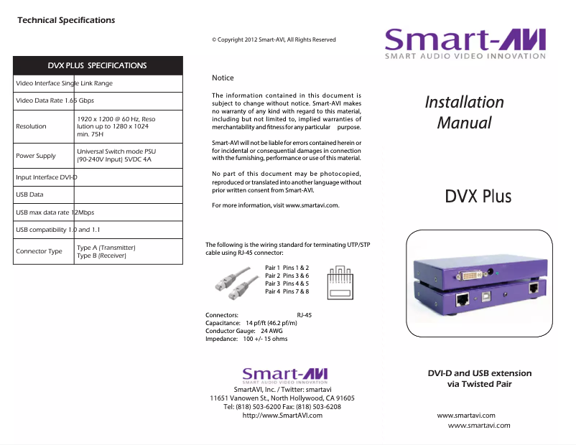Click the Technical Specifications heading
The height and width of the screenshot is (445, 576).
tap(66, 20)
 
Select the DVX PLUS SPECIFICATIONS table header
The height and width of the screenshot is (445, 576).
tap(97, 65)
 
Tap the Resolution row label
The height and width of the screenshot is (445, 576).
tap(31, 126)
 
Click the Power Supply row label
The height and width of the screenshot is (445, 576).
tap(36, 156)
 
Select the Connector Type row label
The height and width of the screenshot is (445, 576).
tap(39, 251)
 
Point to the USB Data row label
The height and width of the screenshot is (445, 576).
tap(29, 195)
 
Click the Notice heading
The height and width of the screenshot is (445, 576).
tap(223, 78)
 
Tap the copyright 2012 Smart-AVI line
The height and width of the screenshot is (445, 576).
tap(274, 39)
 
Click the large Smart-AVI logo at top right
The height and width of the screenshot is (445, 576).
tap(465, 44)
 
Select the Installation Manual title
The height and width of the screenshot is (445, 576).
tap(464, 112)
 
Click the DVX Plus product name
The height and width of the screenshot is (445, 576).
tap(478, 195)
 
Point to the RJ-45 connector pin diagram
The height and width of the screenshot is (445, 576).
tap(340, 283)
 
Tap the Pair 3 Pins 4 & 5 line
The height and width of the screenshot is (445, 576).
tap(287, 284)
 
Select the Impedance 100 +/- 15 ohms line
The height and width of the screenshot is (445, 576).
tap(246, 339)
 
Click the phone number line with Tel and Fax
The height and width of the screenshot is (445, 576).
tap(282, 406)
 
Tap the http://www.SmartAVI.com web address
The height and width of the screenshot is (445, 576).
tap(282, 415)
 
